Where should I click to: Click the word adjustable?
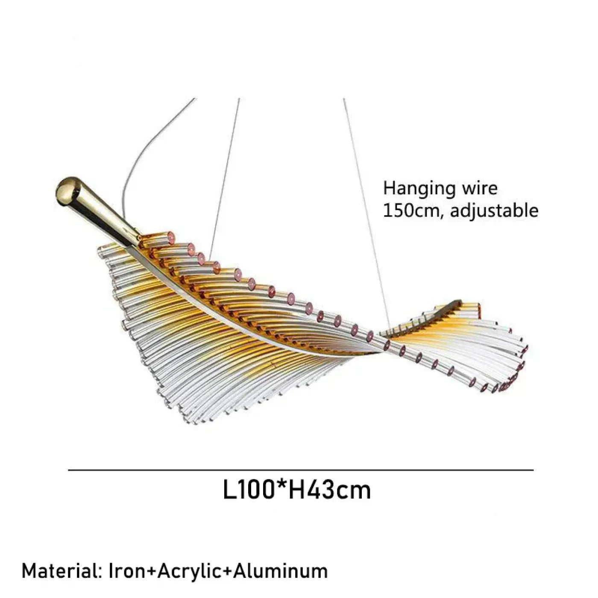click(494, 211)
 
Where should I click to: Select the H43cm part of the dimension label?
click(330, 491)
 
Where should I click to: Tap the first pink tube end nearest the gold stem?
click(170, 238)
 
